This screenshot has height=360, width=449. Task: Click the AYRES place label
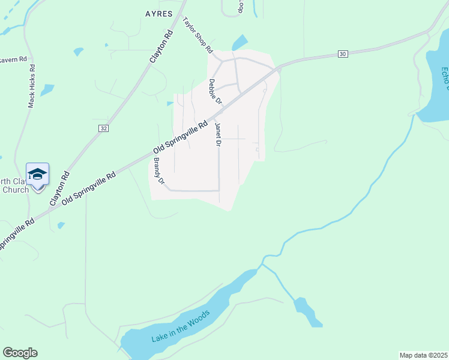(x=158, y=13)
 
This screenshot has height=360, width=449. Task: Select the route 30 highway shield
(x=342, y=54)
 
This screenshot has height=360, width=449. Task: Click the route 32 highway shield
(x=104, y=128)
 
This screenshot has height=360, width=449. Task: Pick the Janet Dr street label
(x=218, y=135)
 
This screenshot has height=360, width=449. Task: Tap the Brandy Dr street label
(x=159, y=170)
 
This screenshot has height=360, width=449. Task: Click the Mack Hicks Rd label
(x=32, y=86)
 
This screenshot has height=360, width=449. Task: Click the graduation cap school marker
(x=37, y=175)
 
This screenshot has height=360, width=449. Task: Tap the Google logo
(x=20, y=353)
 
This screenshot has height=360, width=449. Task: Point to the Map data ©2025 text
(x=423, y=355)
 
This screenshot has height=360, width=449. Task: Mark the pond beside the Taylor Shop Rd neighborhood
(x=240, y=43)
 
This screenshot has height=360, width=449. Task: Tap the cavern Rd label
(x=14, y=59)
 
